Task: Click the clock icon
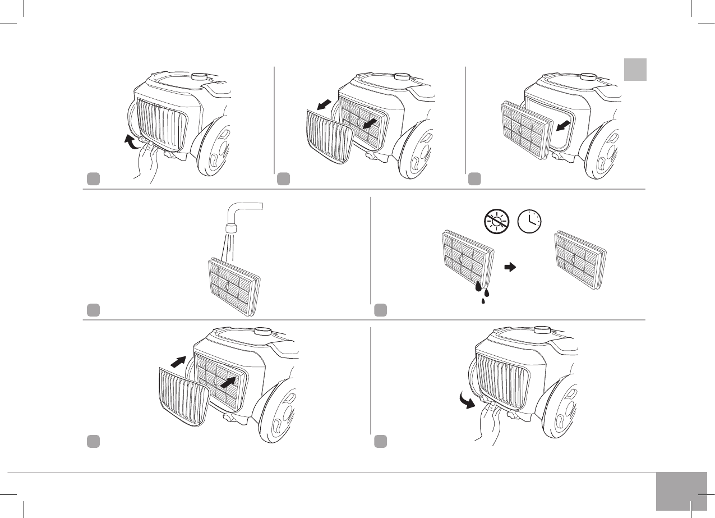[x=529, y=221]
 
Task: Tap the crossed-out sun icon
[x=496, y=221]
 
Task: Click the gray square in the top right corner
[x=635, y=69]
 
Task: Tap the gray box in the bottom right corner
[x=680, y=491]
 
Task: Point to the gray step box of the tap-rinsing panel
[x=93, y=309]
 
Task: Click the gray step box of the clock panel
[x=381, y=309]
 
